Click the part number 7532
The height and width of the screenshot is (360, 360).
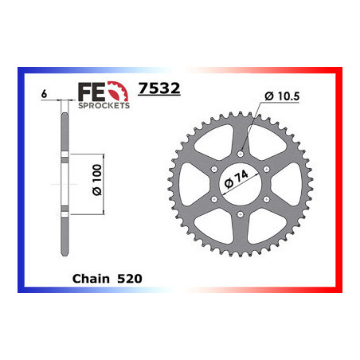[159, 88]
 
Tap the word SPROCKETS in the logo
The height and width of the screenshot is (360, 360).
[104, 105]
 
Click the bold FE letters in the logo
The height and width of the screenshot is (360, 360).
[92, 92]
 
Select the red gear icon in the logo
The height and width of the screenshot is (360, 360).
[118, 91]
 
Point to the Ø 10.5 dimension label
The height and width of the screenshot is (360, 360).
[282, 96]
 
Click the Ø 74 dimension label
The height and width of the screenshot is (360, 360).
[237, 179]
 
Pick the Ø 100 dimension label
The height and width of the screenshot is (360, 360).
[97, 180]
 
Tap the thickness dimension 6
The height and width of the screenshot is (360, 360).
[44, 94]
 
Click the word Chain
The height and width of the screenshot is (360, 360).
[91, 279]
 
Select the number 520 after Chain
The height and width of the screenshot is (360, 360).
[130, 279]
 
